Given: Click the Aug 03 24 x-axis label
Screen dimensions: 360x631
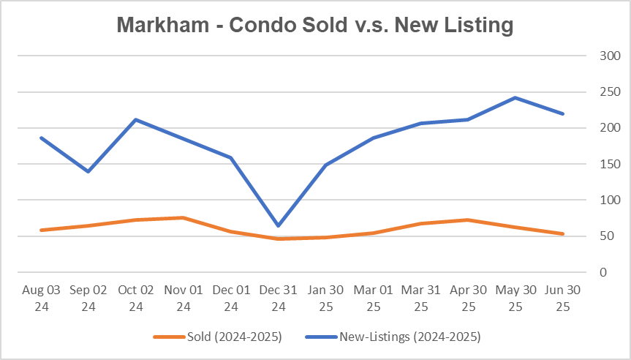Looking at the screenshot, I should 41,298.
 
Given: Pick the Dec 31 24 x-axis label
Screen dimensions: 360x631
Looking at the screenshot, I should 278,298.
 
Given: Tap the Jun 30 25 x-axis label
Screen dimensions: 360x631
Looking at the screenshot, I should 562,298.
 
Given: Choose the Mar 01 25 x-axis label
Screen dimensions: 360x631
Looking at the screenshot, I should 373,298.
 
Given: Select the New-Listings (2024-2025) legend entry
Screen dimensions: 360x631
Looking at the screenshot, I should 409,337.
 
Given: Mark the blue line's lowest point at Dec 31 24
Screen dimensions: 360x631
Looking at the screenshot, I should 278,225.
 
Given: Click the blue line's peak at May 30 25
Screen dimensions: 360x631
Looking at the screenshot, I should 515,97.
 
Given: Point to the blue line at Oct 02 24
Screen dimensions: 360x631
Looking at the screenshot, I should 136,119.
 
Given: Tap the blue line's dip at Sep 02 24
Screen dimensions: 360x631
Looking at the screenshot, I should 88,171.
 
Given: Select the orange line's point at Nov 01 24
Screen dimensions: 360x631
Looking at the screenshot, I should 184,217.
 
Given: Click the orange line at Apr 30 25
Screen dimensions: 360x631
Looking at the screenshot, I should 468,220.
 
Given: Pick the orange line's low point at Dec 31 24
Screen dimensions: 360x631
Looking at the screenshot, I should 278,239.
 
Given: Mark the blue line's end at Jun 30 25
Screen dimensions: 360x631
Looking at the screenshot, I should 562,113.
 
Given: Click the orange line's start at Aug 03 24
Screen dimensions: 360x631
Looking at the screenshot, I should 41,230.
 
